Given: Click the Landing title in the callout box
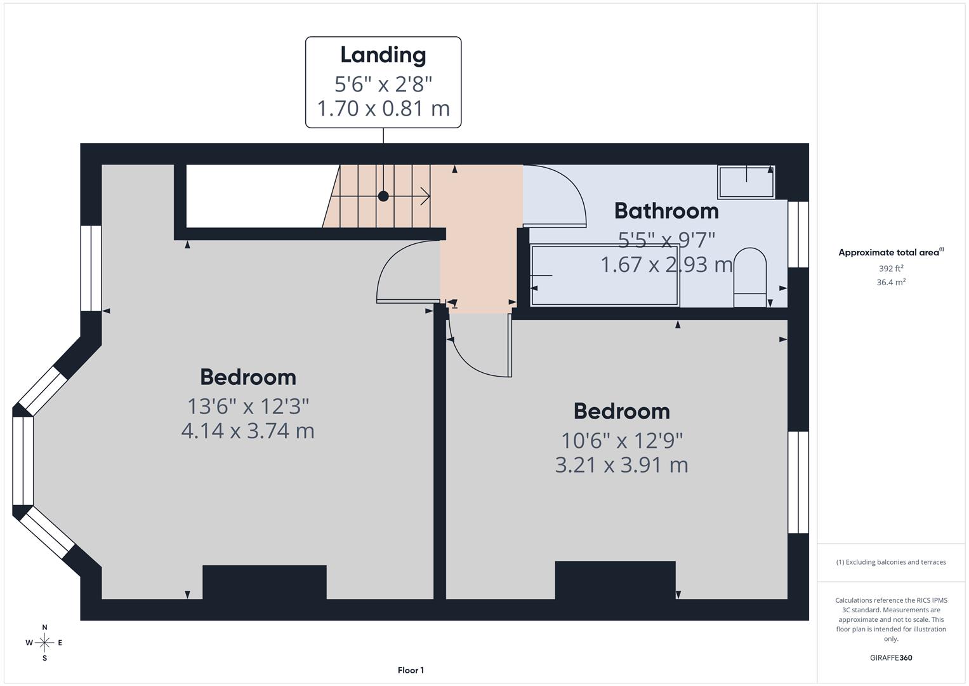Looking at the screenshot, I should click(383, 55).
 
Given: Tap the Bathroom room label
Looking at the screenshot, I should click(666, 211).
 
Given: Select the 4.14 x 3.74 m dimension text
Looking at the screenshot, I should click(247, 431).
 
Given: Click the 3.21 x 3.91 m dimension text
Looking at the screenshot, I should click(621, 465).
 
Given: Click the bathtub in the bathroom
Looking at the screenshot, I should click(605, 275).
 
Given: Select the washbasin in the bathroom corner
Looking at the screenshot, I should click(746, 181).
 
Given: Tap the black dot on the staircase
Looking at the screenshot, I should click(383, 196).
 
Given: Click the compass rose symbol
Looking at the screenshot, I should click(44, 643).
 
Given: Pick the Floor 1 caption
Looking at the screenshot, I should click(411, 670).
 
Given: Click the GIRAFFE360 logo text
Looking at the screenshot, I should click(890, 657).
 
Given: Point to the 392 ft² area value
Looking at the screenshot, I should click(890, 269).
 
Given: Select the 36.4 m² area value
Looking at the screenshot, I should click(890, 283).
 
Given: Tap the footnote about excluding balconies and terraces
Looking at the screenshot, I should click(890, 562).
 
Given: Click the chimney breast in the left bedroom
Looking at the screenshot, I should click(264, 582).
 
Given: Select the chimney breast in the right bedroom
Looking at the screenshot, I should click(615, 579).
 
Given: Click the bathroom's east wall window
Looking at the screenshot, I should click(798, 234).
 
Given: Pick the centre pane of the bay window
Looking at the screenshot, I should click(23, 461).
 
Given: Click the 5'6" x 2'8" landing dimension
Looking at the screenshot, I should click(383, 84).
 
